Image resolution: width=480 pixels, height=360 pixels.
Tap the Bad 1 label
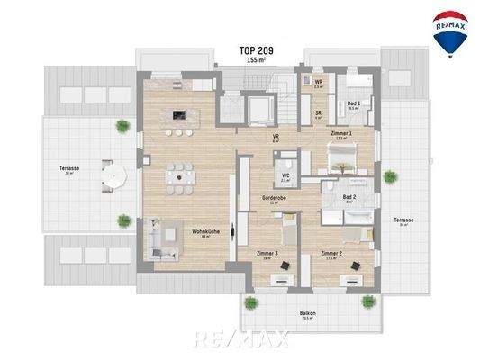[x=353, y=103]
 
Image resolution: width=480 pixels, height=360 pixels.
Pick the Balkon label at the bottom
[x=307, y=315]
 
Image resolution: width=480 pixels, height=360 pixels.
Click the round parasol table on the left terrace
[x=113, y=175]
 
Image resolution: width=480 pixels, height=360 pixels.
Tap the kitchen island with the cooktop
[x=179, y=115]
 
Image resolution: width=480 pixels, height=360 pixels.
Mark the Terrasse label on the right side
[x=403, y=220]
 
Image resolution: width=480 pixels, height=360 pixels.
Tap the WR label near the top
[x=319, y=83]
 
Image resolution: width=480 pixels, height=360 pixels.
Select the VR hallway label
[x=276, y=138]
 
